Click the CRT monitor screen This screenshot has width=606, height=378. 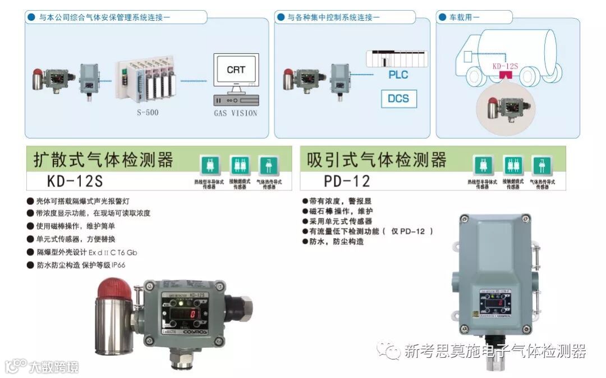point(236,71)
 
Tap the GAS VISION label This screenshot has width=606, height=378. point(236,113)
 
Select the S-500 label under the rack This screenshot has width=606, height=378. point(148,112)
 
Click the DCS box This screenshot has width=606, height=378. point(398,99)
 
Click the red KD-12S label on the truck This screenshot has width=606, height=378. point(504,66)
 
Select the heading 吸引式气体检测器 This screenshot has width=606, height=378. point(377,160)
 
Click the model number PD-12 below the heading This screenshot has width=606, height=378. point(347,181)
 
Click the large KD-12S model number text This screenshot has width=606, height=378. point(75,181)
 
